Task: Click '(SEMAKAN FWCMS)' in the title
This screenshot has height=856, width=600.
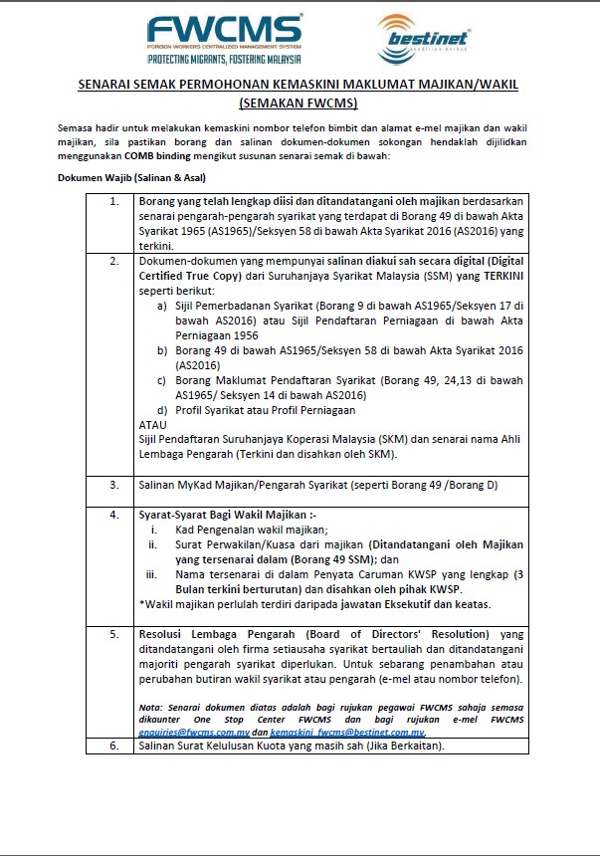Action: click(300, 103)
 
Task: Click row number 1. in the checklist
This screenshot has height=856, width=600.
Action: click(115, 202)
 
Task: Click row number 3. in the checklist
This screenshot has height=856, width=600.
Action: click(115, 485)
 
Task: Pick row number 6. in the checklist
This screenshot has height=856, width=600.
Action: click(115, 745)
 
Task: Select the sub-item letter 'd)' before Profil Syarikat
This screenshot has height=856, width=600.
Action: click(163, 410)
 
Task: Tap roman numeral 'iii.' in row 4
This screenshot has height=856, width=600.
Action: click(152, 574)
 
